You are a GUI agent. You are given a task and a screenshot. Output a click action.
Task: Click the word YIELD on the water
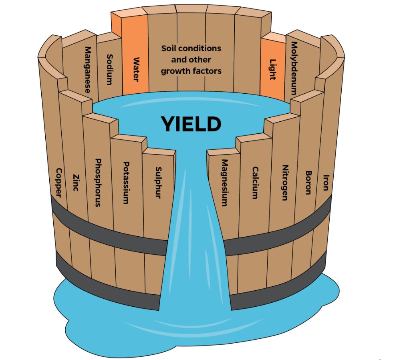(191, 124)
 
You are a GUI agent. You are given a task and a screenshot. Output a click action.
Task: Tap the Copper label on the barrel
(59, 183)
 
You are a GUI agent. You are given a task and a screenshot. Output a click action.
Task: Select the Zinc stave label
(76, 183)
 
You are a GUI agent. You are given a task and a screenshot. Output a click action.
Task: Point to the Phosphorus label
(98, 183)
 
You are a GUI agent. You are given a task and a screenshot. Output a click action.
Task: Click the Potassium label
(126, 183)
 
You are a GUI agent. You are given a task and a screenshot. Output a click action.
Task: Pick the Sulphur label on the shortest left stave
(158, 183)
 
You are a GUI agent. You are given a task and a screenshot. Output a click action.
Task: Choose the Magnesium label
(225, 183)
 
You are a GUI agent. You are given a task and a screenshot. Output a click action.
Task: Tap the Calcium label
(255, 183)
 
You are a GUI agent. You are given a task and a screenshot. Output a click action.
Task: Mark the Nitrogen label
(285, 183)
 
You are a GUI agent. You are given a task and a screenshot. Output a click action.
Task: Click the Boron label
(308, 183)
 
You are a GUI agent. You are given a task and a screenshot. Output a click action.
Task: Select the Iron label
(326, 183)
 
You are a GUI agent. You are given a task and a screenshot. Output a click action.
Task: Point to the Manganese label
(88, 70)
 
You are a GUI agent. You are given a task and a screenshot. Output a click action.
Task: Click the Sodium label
(109, 70)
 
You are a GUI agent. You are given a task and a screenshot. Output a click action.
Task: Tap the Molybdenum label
(294, 68)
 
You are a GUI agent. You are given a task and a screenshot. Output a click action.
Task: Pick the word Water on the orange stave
(136, 70)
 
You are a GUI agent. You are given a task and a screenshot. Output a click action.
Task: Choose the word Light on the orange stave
(273, 70)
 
